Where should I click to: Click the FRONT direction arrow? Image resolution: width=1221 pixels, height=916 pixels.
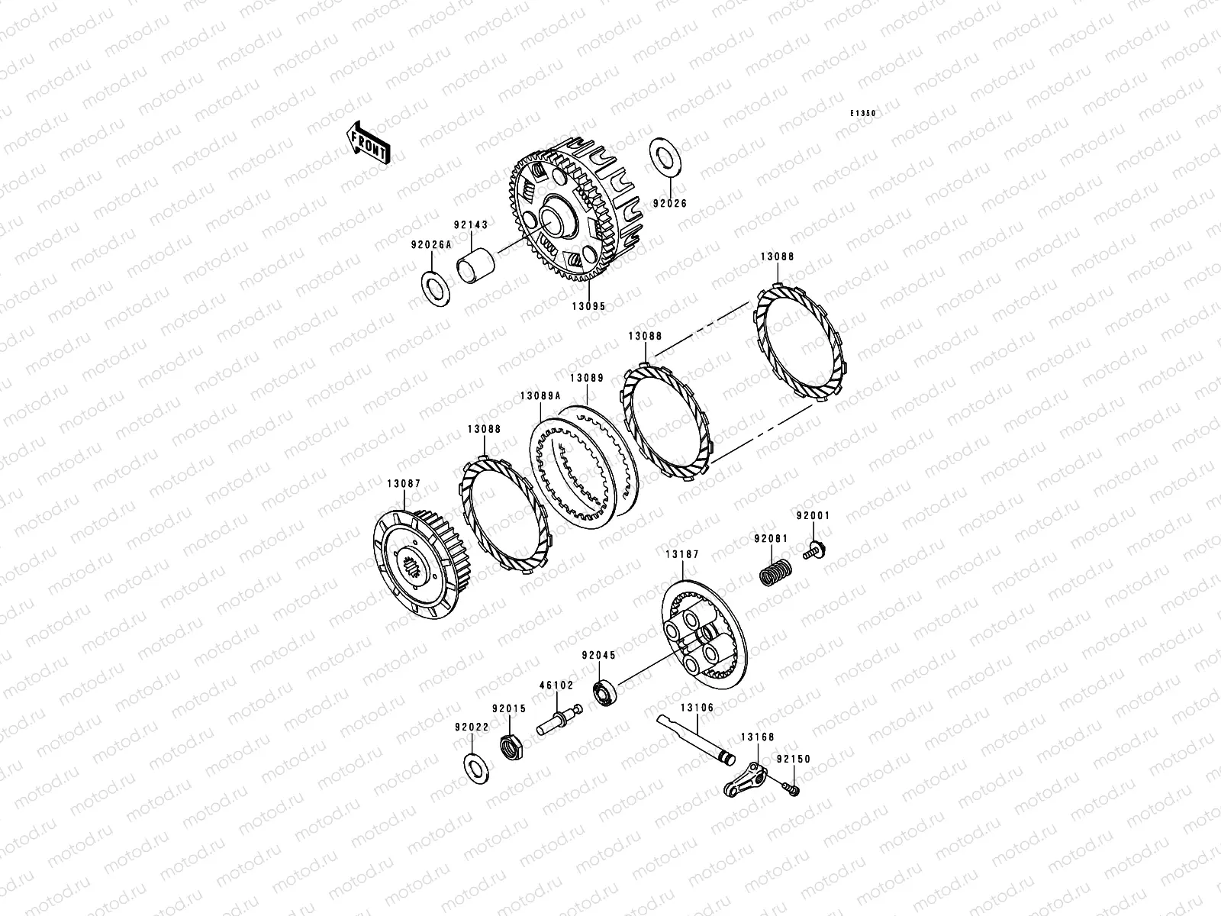(x=368, y=143)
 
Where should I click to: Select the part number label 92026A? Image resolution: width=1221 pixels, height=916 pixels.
(x=431, y=245)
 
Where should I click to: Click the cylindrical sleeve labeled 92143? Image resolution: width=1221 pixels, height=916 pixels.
(x=475, y=266)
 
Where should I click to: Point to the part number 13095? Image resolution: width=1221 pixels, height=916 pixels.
(x=588, y=306)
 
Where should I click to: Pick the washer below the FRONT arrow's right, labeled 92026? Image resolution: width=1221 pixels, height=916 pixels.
(x=665, y=158)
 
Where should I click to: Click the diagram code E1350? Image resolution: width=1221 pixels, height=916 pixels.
(x=862, y=113)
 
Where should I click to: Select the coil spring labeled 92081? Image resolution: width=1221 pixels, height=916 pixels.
(x=775, y=572)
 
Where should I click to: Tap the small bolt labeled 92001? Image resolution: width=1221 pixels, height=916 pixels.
(x=814, y=550)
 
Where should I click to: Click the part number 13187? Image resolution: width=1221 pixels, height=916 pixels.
(x=682, y=554)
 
